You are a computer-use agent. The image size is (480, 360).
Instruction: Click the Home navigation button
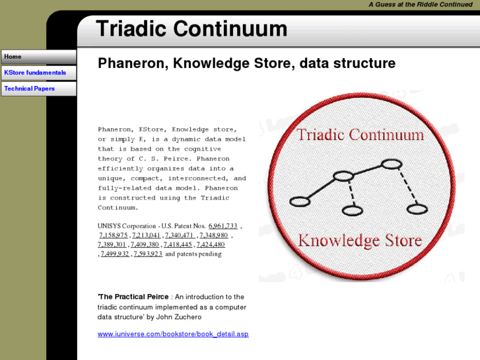pyautogui.click(x=38, y=57)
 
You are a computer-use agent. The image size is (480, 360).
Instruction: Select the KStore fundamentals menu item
pyautogui.click(x=38, y=73)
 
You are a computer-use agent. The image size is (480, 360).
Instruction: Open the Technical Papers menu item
pyautogui.click(x=38, y=89)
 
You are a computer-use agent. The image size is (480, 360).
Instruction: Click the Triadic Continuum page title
pyautogui.click(x=191, y=29)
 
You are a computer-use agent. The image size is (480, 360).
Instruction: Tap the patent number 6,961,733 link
pyautogui.click(x=223, y=226)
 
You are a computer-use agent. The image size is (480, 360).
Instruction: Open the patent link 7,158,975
pyautogui.click(x=114, y=235)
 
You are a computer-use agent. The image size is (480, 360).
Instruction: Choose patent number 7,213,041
pyautogui.click(x=146, y=235)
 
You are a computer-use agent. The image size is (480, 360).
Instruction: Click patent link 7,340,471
pyautogui.click(x=179, y=235)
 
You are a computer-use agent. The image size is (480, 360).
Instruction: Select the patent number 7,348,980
pyautogui.click(x=213, y=235)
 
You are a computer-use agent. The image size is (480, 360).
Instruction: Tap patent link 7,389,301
pyautogui.click(x=112, y=244)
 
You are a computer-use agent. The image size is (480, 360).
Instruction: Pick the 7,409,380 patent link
pyautogui.click(x=145, y=244)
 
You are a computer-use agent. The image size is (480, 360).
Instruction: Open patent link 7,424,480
pyautogui.click(x=211, y=244)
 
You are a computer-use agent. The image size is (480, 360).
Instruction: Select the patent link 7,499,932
pyautogui.click(x=115, y=254)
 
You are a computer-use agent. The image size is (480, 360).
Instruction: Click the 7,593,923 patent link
pyautogui.click(x=148, y=254)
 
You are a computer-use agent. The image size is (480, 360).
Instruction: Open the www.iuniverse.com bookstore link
pyautogui.click(x=173, y=334)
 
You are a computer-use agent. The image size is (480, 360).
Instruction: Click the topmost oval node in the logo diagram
pyautogui.click(x=392, y=164)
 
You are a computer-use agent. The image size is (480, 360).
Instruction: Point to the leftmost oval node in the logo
pyautogui.click(x=300, y=201)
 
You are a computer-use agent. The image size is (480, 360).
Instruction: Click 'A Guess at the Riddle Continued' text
pyautogui.click(x=421, y=5)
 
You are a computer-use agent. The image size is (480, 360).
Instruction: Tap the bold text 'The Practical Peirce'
pyautogui.click(x=133, y=297)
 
